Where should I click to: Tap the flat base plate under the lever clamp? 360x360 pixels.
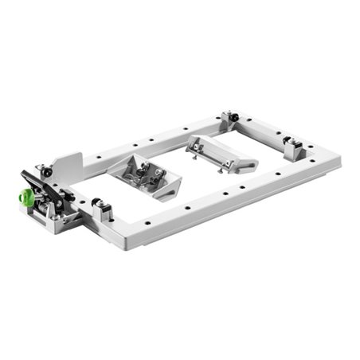[x=60, y=225]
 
